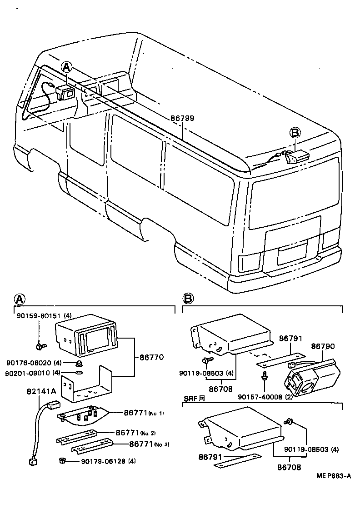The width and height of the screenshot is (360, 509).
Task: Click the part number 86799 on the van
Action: [x=182, y=118]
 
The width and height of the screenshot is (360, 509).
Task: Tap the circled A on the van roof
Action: [x=67, y=68]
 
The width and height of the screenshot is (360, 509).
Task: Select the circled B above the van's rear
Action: [x=295, y=132]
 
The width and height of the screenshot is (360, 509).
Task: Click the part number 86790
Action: [x=323, y=346]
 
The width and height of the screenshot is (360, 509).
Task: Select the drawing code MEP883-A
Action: [x=334, y=476]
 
